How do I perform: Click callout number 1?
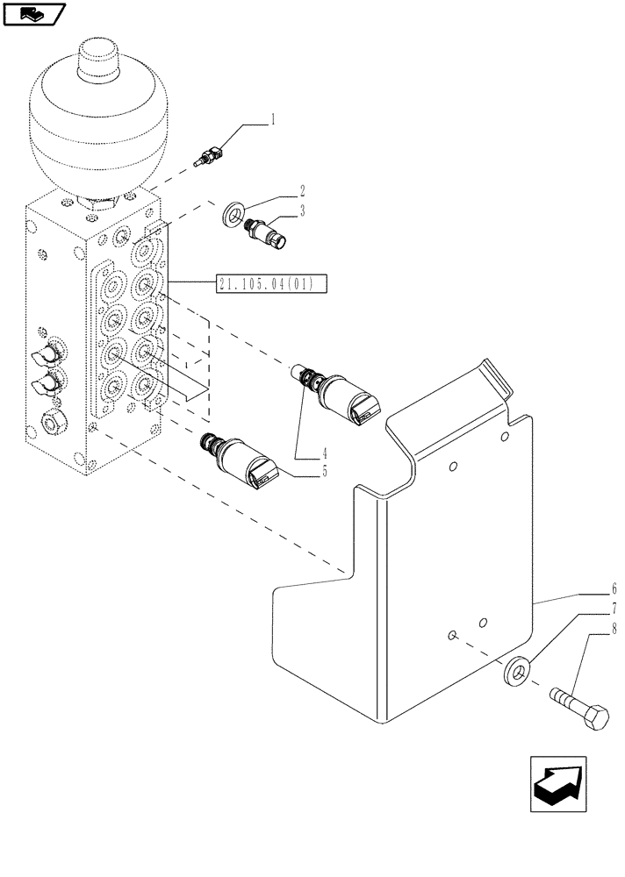pos(273,119)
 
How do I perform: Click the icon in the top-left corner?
pos(34,14)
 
